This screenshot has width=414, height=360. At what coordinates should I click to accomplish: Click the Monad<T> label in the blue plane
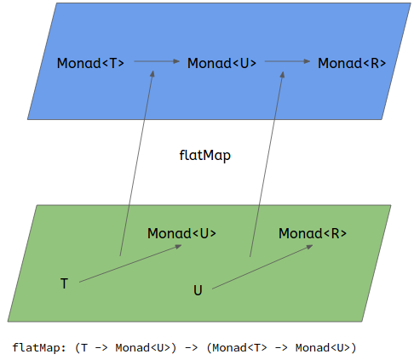point(90,63)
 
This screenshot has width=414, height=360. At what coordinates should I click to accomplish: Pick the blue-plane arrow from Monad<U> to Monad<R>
point(287,62)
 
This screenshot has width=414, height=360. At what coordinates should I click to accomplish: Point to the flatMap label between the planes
point(204,156)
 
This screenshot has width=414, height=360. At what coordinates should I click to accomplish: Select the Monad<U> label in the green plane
point(181,233)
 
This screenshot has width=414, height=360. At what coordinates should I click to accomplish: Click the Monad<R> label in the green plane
point(313,233)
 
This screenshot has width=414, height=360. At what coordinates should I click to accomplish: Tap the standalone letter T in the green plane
point(64,283)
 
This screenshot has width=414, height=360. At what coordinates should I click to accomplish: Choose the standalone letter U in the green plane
point(198,290)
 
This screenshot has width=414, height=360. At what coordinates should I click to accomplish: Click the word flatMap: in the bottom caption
point(40,347)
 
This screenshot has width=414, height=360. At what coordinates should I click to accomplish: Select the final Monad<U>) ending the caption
point(325,347)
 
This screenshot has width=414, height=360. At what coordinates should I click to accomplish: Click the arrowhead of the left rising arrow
point(152,75)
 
